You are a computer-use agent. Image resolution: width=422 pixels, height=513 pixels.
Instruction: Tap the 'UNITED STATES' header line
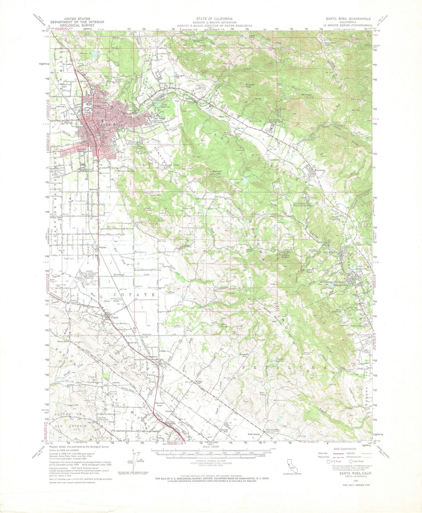point(70,18)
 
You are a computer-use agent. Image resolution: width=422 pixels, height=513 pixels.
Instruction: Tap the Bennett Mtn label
point(217,172)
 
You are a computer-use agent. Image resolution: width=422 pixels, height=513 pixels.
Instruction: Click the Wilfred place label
point(103,247)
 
